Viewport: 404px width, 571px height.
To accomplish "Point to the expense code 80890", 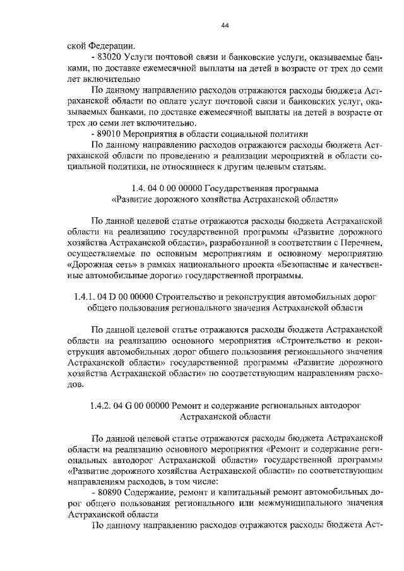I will pos(110,491).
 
